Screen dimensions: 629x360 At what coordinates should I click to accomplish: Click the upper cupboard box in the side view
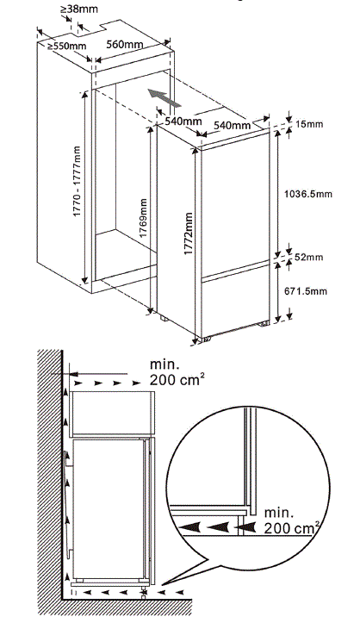[x=112, y=413]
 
